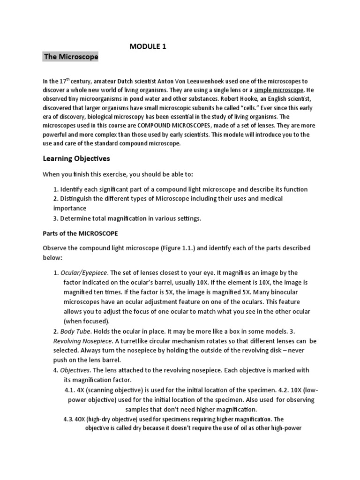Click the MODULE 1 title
tap(147, 46)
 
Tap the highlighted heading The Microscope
tap(71, 57)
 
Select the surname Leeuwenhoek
tap(225, 81)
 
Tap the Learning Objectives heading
tap(76, 158)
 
